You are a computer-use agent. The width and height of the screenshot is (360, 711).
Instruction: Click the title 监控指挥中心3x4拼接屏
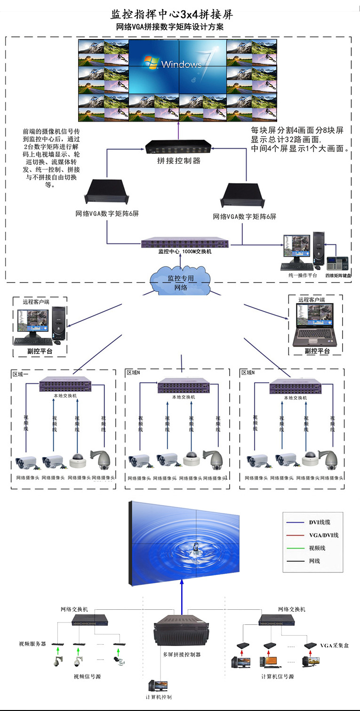171,14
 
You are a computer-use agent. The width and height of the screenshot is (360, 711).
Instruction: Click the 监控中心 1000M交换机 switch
185,243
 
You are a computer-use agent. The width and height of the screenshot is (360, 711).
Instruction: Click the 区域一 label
21,374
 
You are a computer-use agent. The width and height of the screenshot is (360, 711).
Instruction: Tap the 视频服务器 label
32,644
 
